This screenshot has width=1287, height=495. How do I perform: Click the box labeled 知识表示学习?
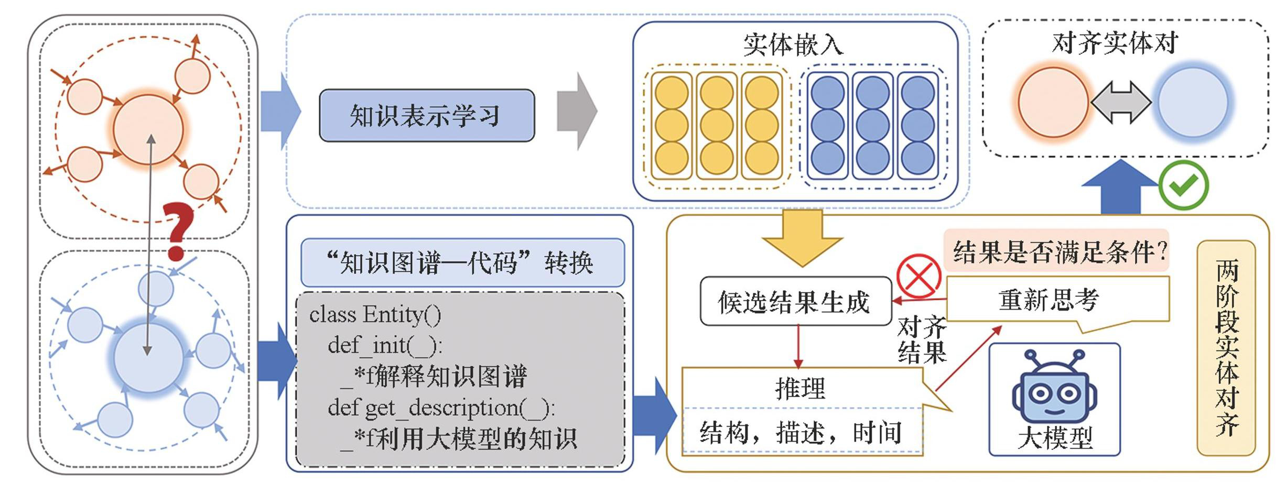(x=427, y=115)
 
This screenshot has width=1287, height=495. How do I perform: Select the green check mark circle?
(x=1183, y=185)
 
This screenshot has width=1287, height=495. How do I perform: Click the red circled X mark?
(x=918, y=276)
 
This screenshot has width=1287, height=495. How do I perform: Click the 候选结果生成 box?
(x=795, y=301)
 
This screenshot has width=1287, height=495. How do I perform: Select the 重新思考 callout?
(x=1048, y=300)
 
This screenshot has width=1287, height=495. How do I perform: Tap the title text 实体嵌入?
(x=793, y=44)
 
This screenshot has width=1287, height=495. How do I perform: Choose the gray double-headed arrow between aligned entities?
(x=1121, y=102)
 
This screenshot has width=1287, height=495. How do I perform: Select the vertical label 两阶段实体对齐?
(x=1227, y=348)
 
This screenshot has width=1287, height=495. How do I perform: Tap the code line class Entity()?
(x=375, y=314)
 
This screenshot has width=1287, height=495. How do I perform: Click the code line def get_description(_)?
(x=441, y=408)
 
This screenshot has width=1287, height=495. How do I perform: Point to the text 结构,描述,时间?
(x=801, y=433)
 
